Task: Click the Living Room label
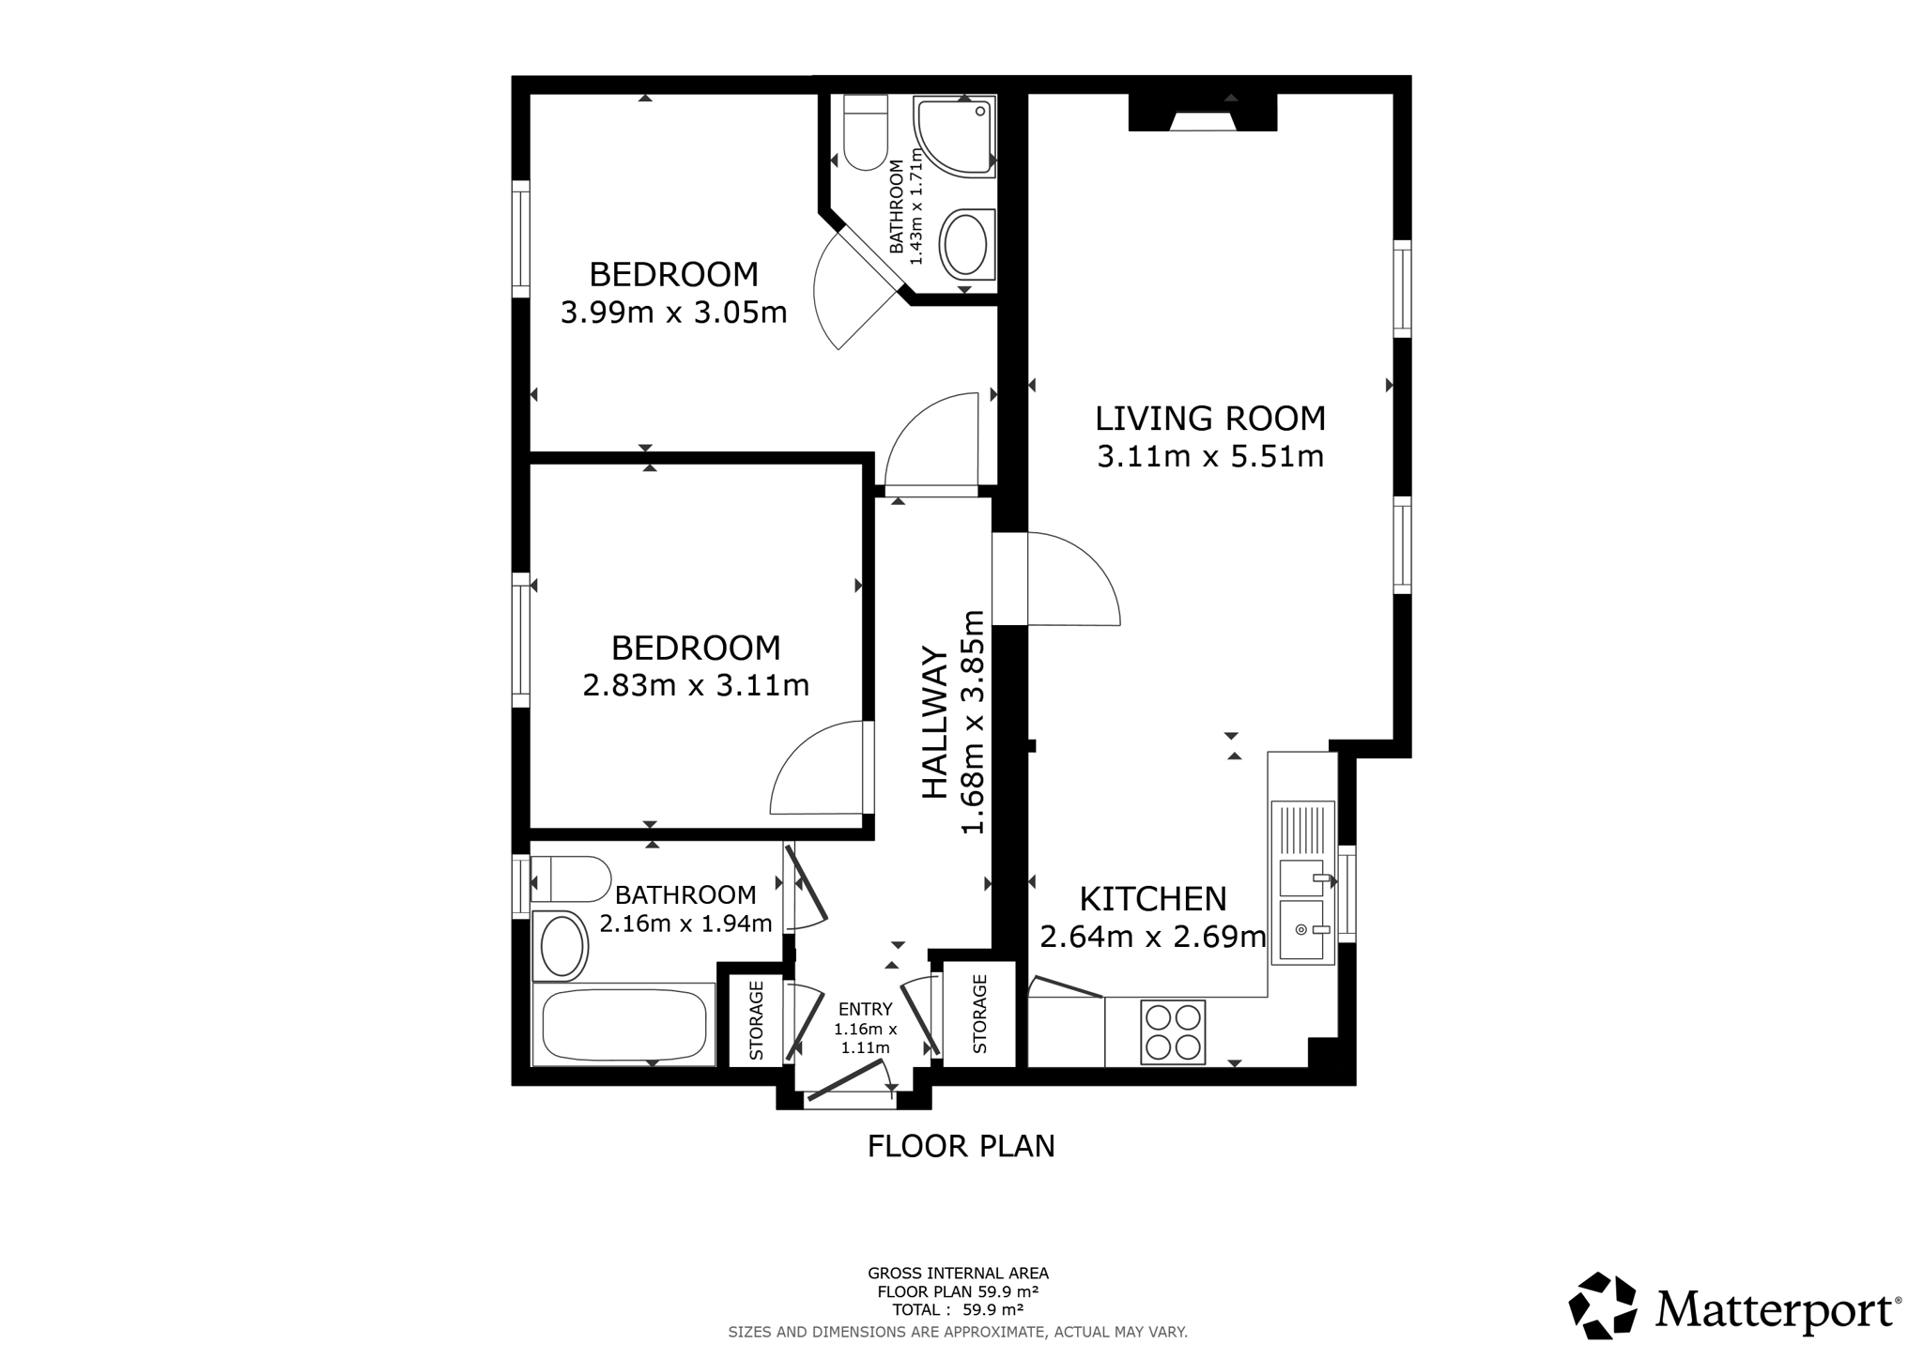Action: (x=1210, y=418)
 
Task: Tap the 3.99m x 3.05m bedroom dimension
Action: (x=673, y=312)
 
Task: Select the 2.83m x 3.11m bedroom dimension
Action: (x=696, y=685)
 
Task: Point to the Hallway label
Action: (x=934, y=722)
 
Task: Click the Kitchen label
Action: (x=1153, y=899)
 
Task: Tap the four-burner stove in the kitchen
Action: (x=1173, y=1032)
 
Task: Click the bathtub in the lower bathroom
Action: (x=623, y=1025)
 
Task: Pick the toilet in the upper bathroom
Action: (x=865, y=132)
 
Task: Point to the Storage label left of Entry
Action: (x=756, y=1020)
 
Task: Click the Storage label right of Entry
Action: (x=979, y=1014)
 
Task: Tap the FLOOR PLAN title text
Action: (x=961, y=1146)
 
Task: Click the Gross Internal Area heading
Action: (x=958, y=1274)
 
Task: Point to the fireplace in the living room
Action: (x=1202, y=113)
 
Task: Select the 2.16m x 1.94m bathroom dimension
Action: (x=685, y=924)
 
